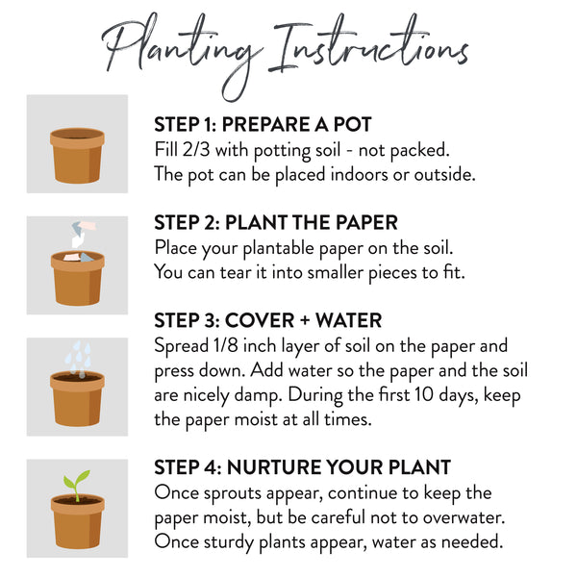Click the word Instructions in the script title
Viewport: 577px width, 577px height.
coord(368,44)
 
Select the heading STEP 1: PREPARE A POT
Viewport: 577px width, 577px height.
coord(263,124)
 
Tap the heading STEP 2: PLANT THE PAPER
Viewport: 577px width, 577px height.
coord(276,223)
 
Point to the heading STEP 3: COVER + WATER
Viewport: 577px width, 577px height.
coord(268,320)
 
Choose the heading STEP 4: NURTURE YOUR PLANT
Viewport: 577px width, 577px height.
coord(303,467)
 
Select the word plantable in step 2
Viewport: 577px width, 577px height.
coord(279,248)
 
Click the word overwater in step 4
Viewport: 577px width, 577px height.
coord(463,518)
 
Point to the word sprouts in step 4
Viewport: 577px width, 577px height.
coord(232,494)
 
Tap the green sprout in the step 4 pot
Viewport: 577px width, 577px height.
coord(77,484)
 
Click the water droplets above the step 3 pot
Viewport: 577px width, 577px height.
coord(78,358)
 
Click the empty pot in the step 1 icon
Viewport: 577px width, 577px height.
coord(77,155)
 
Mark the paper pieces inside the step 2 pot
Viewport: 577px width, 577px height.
coord(79,257)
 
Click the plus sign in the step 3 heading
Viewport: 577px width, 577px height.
coord(305,320)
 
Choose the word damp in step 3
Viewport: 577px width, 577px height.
coord(257,396)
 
